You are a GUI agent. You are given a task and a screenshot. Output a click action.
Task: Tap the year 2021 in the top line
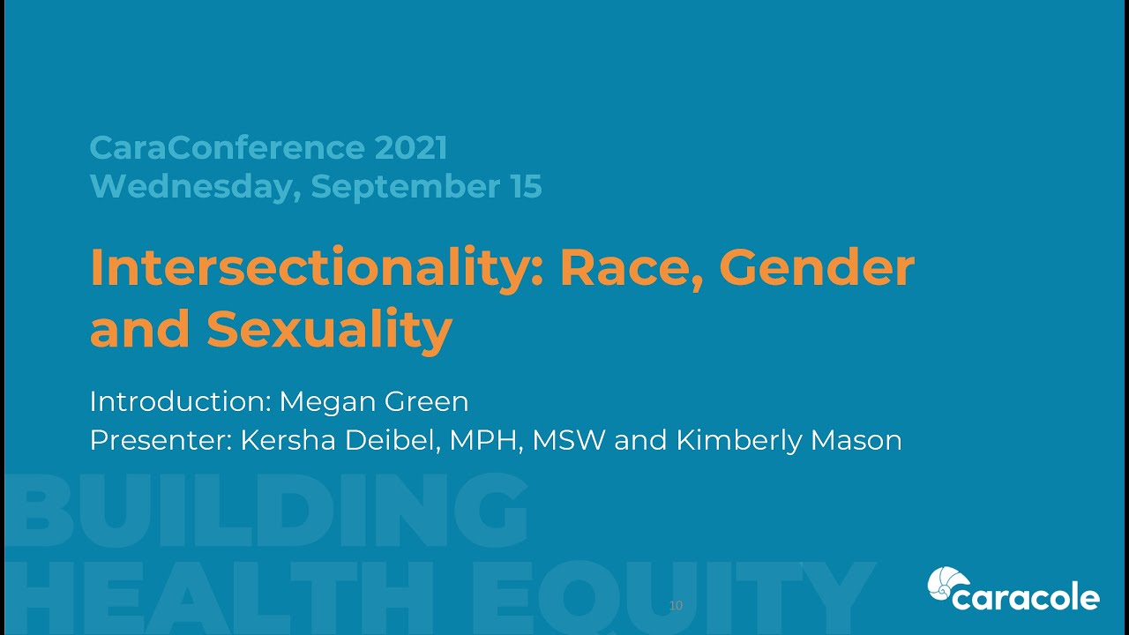(410, 147)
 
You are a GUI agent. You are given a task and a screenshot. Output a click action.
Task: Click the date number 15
(523, 186)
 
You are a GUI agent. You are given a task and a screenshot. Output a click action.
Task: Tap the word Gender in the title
(817, 268)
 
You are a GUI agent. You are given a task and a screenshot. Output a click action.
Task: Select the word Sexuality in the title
(329, 329)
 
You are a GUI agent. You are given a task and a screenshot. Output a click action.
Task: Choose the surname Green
(427, 401)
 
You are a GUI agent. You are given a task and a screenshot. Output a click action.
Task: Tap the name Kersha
(288, 439)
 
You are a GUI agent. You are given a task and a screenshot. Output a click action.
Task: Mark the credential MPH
(483, 439)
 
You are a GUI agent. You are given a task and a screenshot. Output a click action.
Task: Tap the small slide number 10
(676, 605)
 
